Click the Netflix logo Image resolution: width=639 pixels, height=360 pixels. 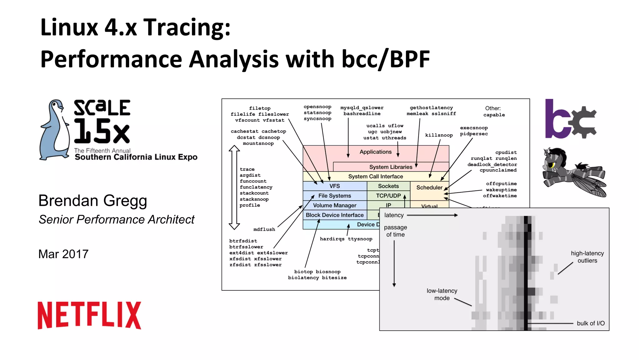point(89,315)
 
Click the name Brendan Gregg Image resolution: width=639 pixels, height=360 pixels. point(93,200)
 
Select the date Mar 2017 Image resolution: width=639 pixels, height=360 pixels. point(63,254)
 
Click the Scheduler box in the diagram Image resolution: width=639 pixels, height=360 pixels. point(429,188)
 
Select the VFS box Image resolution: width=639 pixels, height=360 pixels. point(334,186)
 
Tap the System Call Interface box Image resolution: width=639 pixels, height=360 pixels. point(375,176)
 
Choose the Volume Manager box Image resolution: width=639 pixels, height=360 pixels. point(334,205)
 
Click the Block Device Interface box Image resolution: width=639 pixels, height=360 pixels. point(334,215)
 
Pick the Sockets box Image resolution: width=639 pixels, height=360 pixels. point(388,186)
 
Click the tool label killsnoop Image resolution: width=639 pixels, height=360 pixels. point(439,135)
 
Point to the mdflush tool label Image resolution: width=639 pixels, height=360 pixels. point(264,229)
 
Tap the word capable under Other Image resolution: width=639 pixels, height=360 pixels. point(494,115)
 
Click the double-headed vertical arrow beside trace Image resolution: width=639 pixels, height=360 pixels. point(234,187)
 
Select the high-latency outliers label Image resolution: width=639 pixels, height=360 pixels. point(587,257)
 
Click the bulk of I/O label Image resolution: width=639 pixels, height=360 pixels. point(590,323)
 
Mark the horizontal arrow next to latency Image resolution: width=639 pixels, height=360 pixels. point(432,215)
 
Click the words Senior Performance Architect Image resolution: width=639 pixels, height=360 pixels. point(116,219)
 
